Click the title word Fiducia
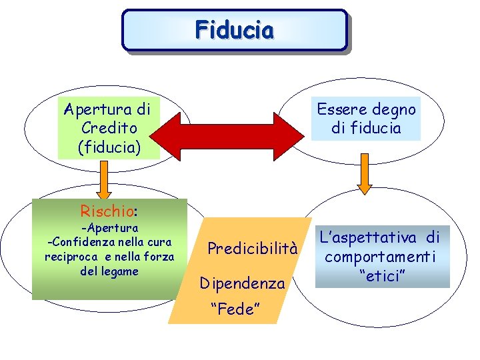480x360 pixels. click(234, 30)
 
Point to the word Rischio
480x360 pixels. click(107, 211)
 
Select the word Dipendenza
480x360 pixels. click(243, 283)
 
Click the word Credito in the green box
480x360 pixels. click(108, 127)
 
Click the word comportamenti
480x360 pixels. click(381, 257)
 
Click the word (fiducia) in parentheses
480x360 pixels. click(109, 146)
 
